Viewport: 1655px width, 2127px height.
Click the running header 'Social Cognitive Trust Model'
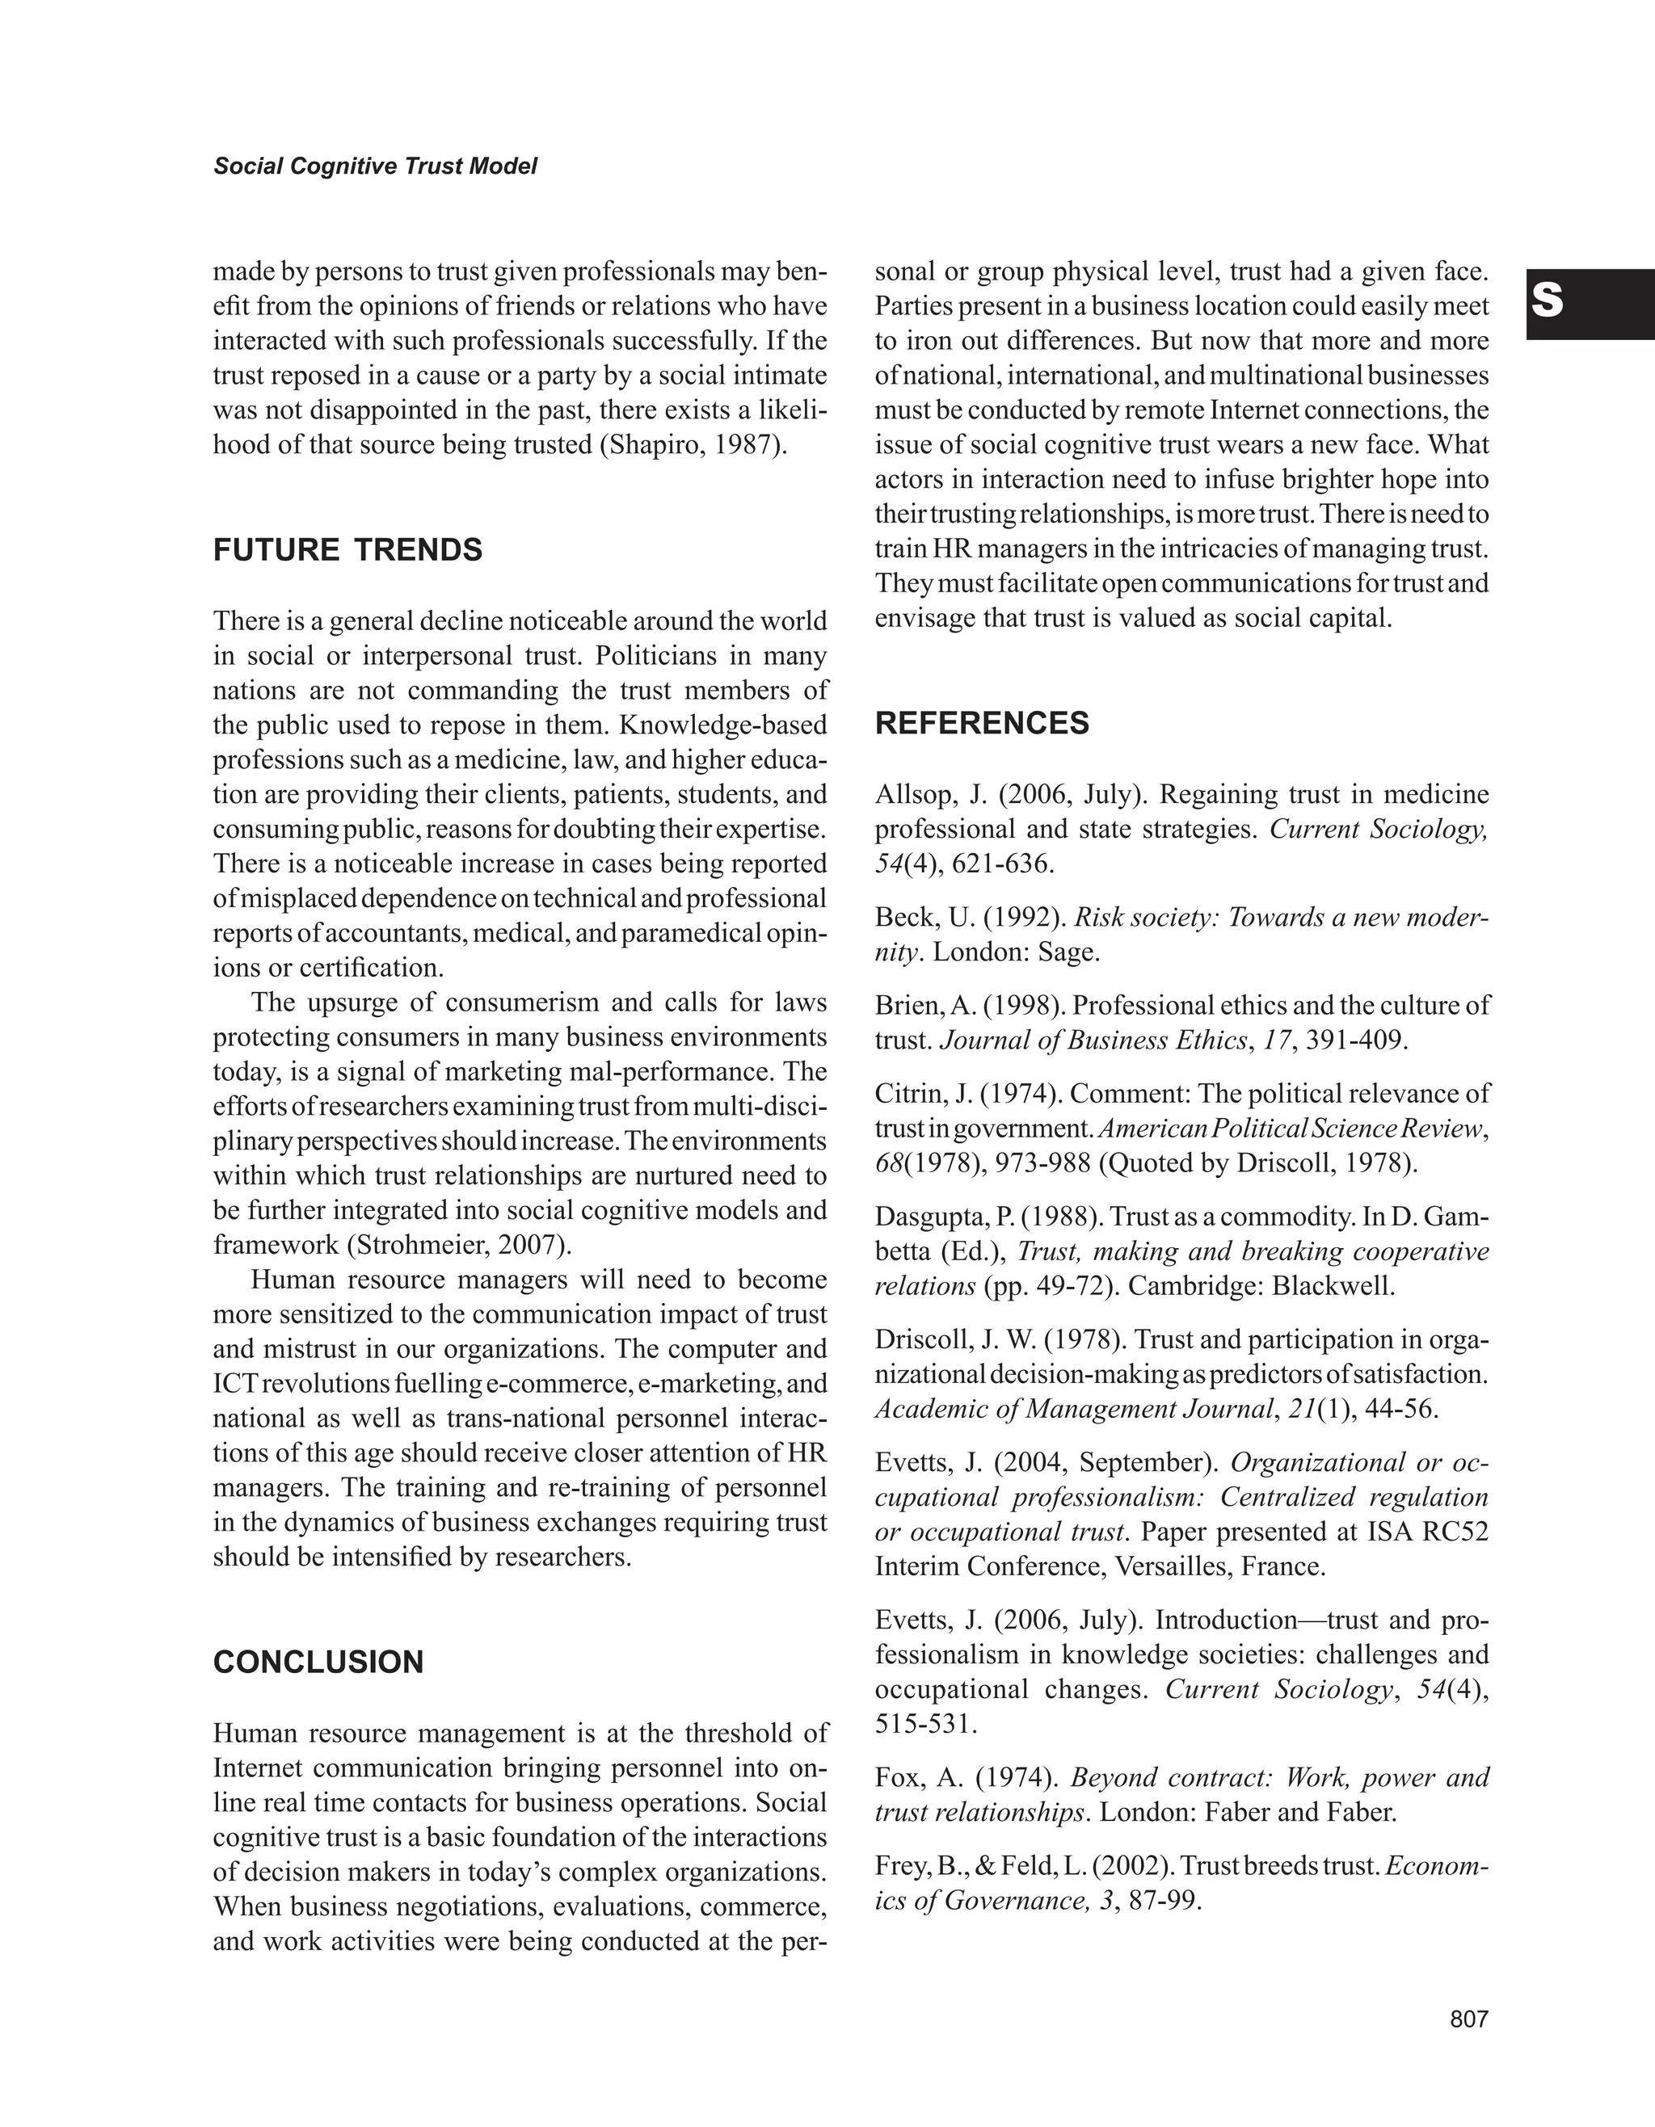coord(375,166)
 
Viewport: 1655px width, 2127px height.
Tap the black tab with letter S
coord(1589,304)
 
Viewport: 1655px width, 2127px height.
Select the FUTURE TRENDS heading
coord(347,550)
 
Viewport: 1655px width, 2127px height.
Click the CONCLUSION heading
coord(318,1662)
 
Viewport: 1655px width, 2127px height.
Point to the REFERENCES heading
coord(982,724)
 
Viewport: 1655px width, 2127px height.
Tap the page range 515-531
coord(925,1725)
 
